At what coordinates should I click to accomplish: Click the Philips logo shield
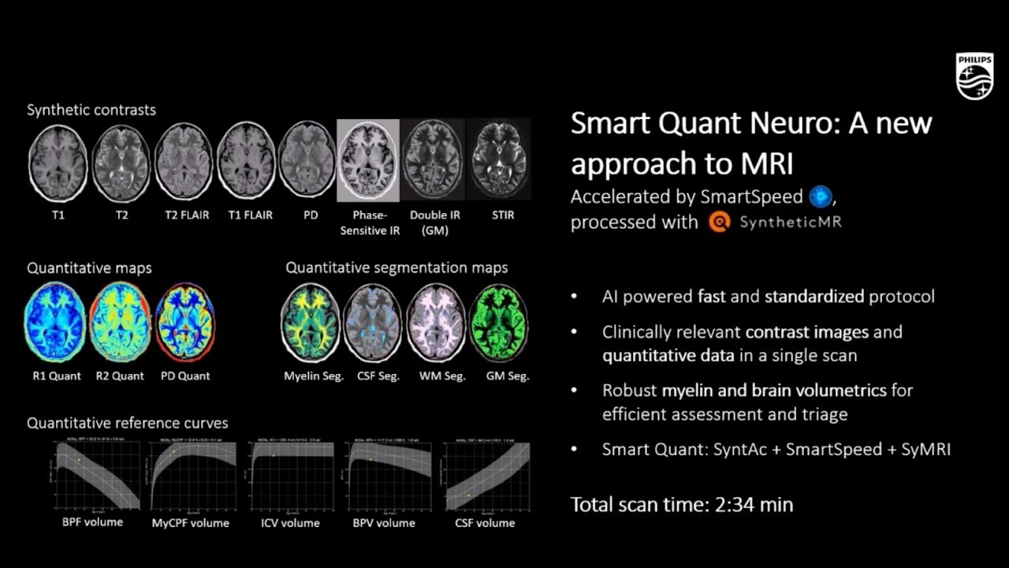(x=974, y=77)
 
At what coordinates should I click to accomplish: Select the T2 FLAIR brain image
(x=184, y=162)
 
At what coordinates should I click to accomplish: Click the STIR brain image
(x=498, y=161)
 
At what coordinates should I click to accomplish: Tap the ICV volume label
(x=290, y=523)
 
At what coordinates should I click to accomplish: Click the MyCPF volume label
(x=191, y=523)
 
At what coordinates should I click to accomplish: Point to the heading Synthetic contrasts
(x=91, y=110)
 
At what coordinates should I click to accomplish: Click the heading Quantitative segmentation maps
(x=397, y=267)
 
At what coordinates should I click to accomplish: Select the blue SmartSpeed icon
(x=821, y=196)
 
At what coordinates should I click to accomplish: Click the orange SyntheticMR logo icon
(x=719, y=222)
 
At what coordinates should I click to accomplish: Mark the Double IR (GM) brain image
(x=434, y=161)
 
